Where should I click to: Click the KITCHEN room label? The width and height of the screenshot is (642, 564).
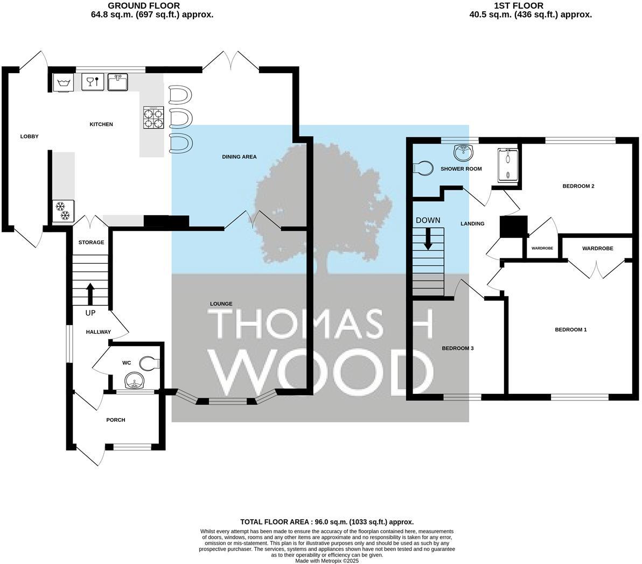[x=101, y=124]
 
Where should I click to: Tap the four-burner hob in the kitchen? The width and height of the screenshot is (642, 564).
[x=153, y=118]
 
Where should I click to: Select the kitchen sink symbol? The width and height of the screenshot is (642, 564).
[x=117, y=82]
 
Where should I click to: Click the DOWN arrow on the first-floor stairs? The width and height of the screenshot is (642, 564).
[x=428, y=238]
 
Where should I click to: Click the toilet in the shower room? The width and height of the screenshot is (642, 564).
[x=423, y=168]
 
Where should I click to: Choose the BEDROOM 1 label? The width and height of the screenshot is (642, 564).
[x=570, y=329]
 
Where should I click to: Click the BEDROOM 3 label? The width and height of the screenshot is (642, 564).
[x=457, y=348]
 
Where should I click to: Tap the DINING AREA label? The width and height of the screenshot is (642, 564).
[x=239, y=157]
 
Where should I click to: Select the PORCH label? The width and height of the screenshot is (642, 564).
[x=115, y=420]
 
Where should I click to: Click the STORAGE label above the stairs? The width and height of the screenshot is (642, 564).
[x=91, y=243]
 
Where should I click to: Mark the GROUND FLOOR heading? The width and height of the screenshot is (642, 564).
[x=152, y=6]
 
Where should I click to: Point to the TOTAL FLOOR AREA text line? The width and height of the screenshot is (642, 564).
[x=326, y=522]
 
